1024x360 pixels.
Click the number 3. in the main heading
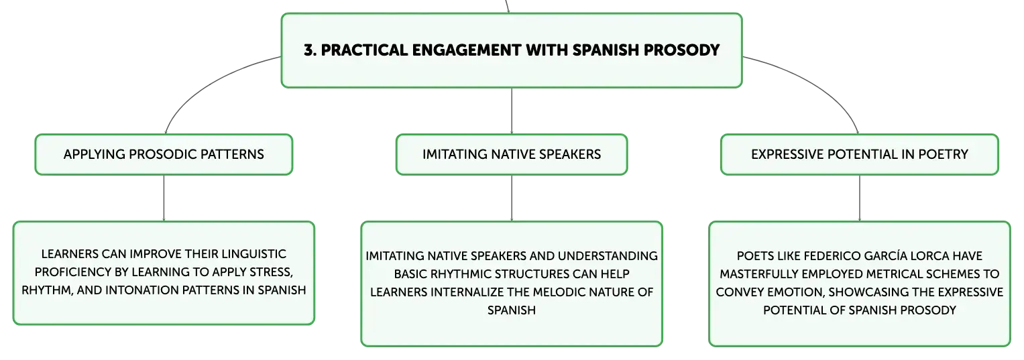pos(310,50)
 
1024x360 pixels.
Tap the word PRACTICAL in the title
pos(364,50)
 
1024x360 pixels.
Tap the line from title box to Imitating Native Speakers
pos(512,111)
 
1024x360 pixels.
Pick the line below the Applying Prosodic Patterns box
pos(164,198)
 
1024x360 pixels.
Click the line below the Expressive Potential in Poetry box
pos(860,198)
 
